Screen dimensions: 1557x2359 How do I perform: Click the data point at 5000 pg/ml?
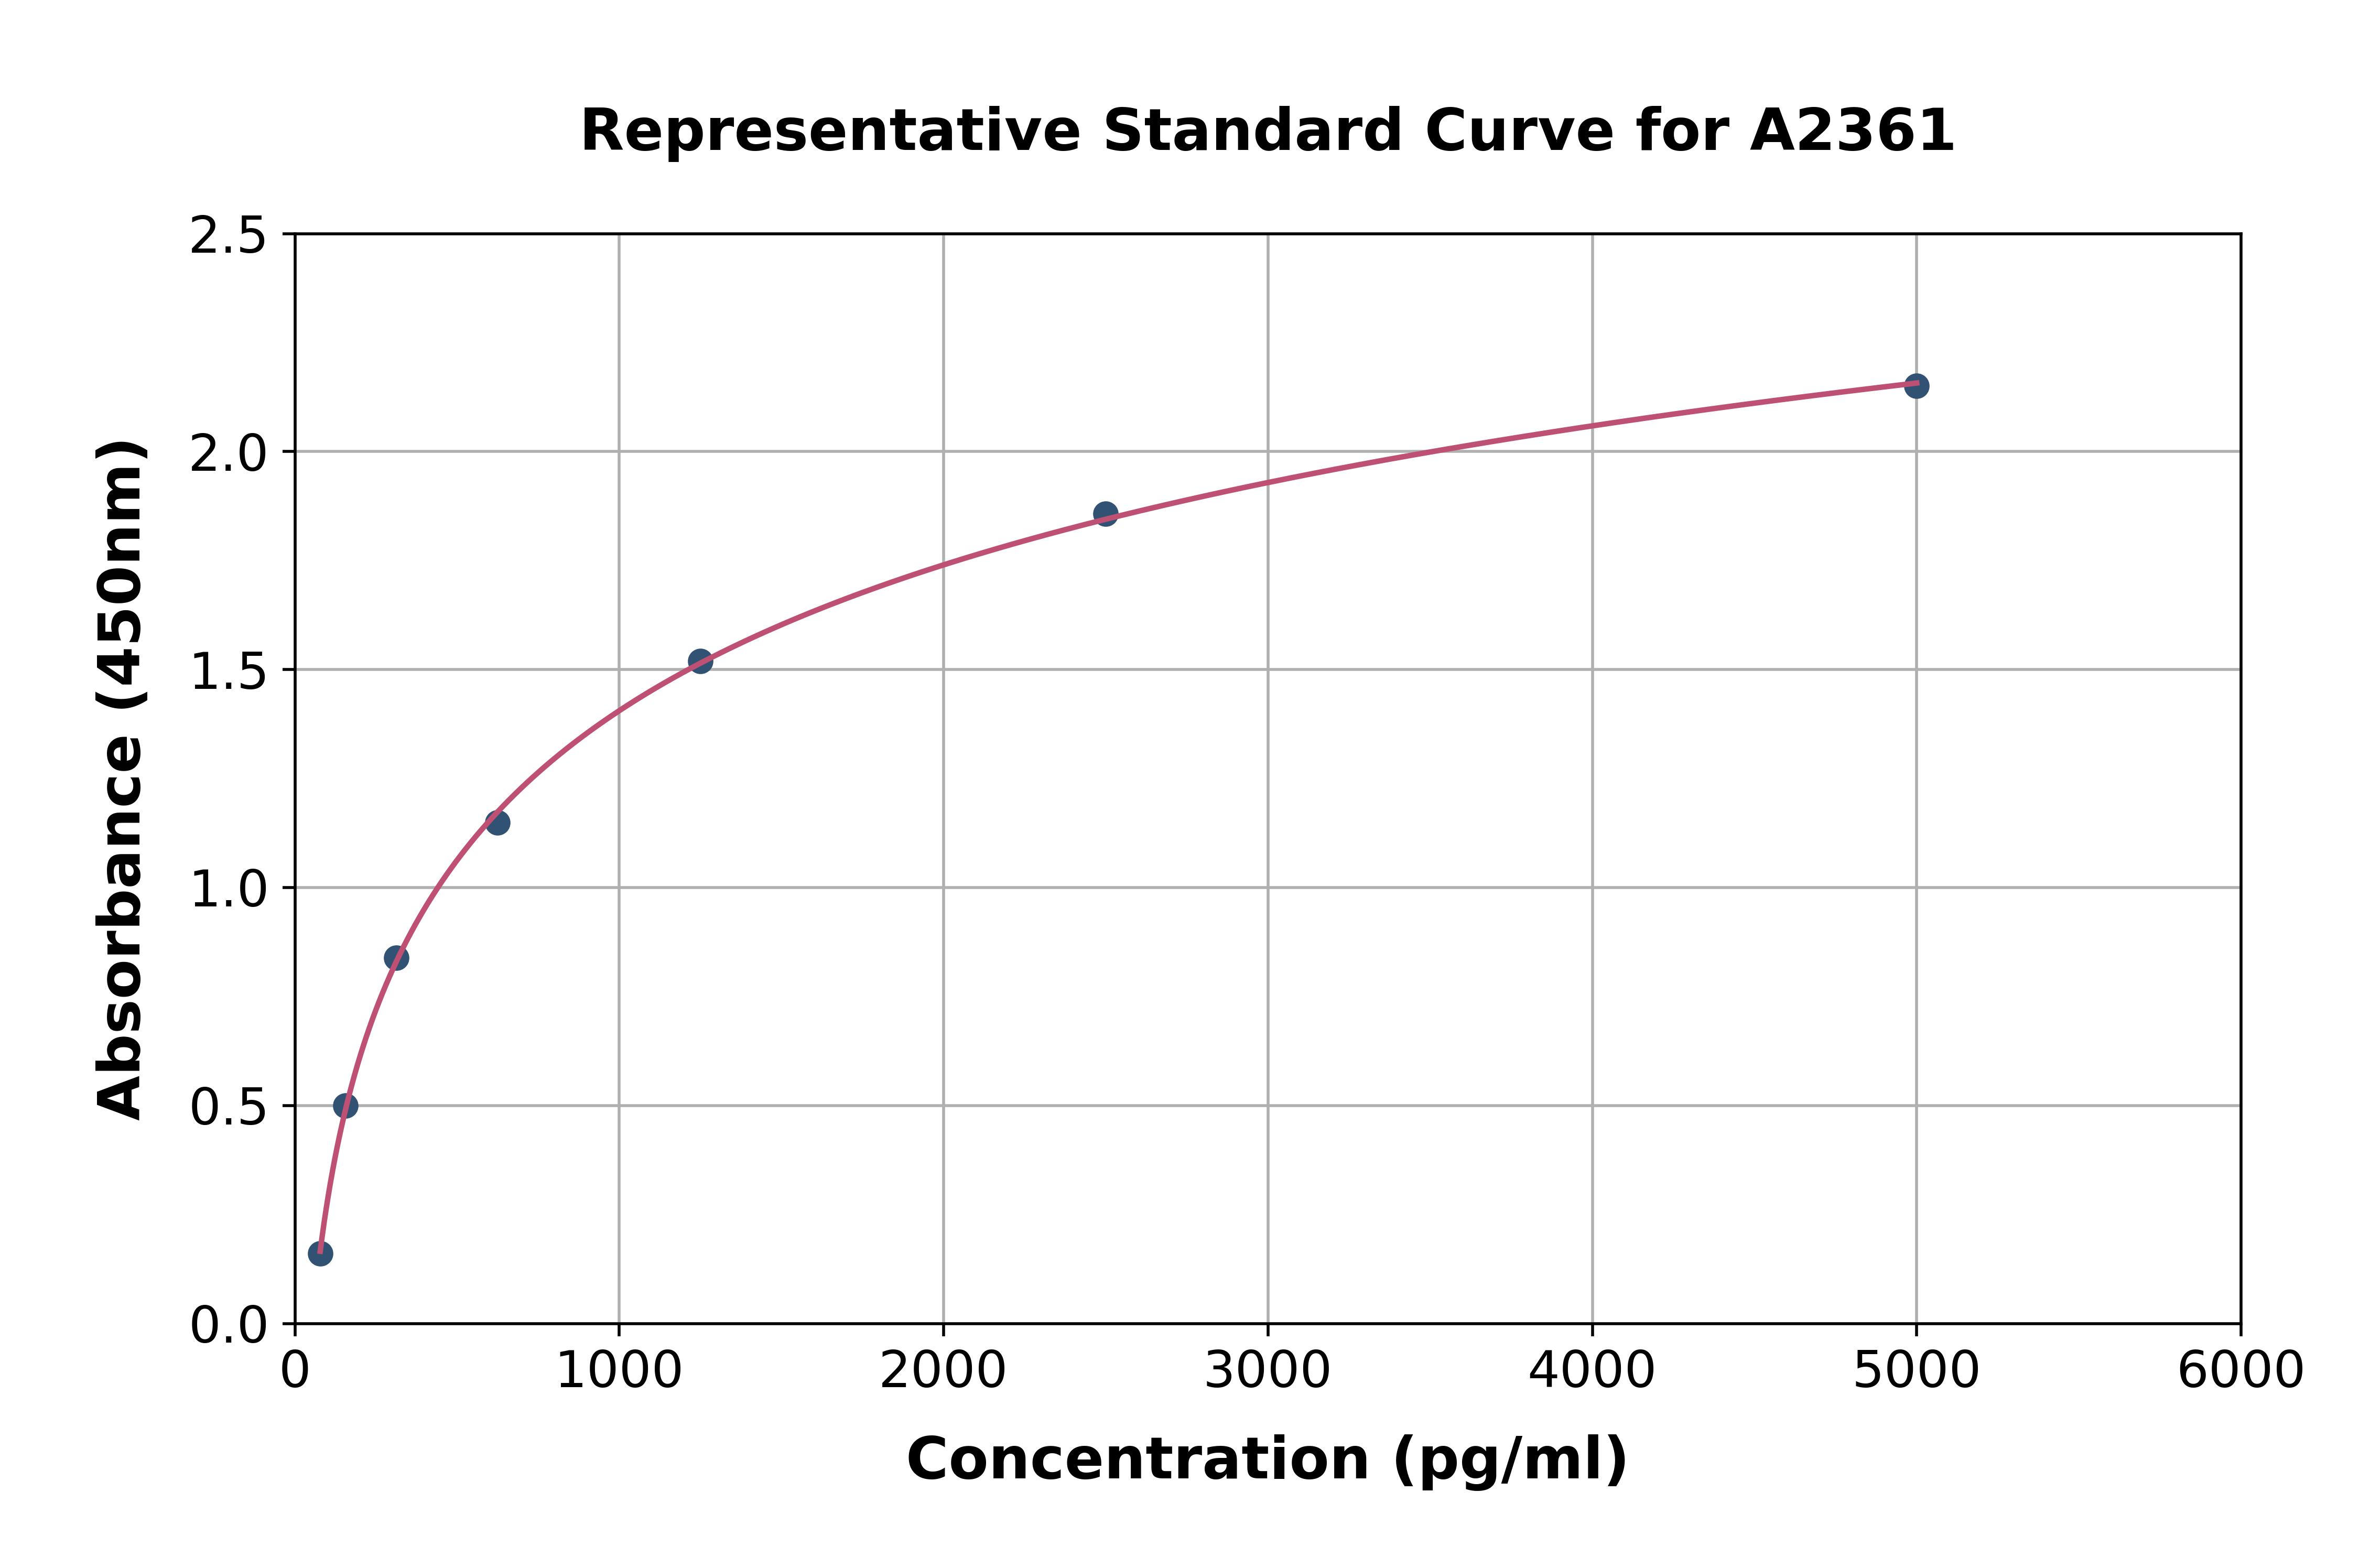point(1916,385)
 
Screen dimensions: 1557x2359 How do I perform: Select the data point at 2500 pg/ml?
point(1105,513)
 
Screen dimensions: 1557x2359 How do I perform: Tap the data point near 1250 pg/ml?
point(700,661)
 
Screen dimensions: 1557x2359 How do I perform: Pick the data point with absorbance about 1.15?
point(497,822)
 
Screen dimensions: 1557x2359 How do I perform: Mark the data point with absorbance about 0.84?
point(396,957)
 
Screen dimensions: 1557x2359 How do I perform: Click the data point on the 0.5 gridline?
point(345,1105)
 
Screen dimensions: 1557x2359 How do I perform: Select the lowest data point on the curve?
point(320,1253)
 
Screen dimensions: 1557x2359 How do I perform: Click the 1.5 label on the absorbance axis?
point(229,671)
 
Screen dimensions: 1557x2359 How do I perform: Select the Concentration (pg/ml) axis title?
point(1267,1459)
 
